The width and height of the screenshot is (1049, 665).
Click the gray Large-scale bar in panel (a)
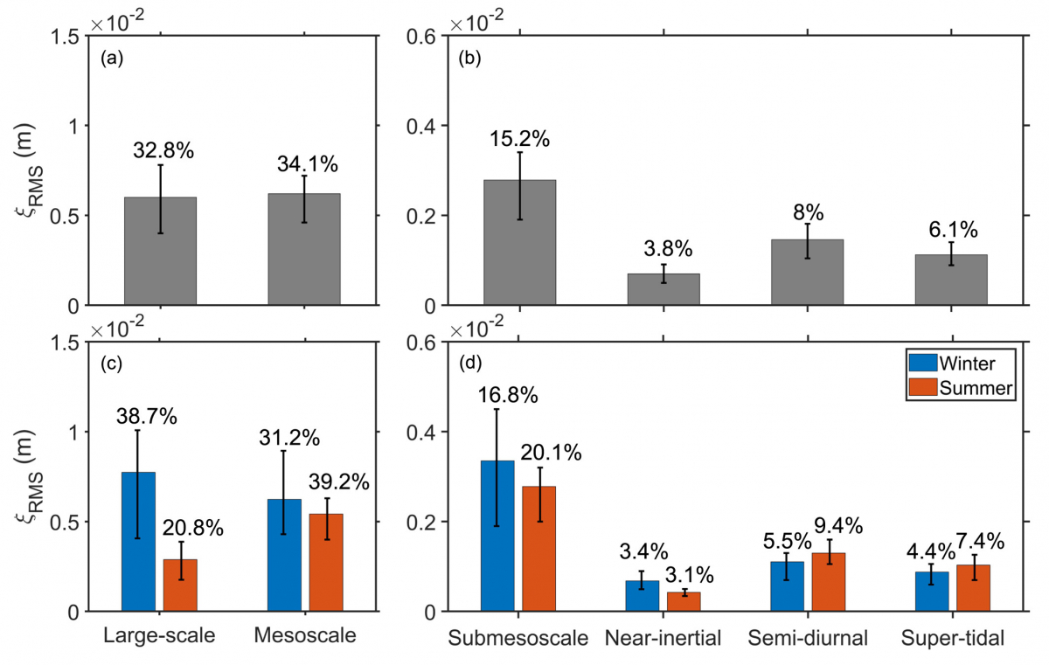[x=160, y=251]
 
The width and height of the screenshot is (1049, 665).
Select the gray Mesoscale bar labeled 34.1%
[x=304, y=249]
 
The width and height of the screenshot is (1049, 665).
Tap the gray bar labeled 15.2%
[x=520, y=242]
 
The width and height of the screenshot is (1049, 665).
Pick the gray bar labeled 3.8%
[x=663, y=289]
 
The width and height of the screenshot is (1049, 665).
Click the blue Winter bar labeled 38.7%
[x=138, y=542]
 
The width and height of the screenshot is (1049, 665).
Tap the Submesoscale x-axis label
[x=518, y=637]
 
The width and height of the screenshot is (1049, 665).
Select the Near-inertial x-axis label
[x=663, y=637]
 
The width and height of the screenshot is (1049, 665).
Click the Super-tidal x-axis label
[x=952, y=637]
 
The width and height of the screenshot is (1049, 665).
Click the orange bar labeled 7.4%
[x=973, y=588]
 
